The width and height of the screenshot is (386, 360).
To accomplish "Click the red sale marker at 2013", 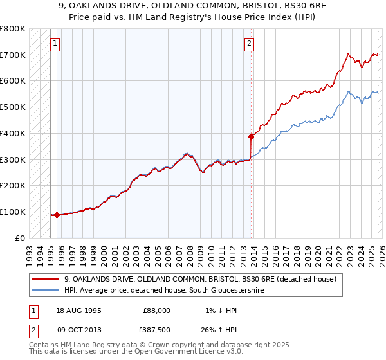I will pos(251,136).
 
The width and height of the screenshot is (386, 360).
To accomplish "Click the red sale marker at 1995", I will pos(57,215).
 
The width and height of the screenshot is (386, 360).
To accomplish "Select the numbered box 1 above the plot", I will pos(56,44).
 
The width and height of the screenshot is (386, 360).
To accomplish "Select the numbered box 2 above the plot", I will pos(249,44).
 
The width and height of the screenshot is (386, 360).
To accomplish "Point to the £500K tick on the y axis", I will pos(13,107).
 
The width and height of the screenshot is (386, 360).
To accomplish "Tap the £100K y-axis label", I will pos(13,212).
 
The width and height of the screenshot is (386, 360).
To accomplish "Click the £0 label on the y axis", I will pos(20,238).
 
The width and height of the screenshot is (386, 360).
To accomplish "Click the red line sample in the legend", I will pos(46,279).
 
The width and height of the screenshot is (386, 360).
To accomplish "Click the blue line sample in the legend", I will pos(46,291).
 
